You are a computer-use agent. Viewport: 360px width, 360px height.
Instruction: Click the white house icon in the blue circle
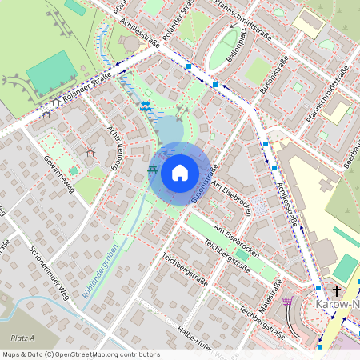tap(180, 172)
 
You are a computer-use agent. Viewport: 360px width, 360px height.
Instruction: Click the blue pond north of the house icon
tap(170, 130)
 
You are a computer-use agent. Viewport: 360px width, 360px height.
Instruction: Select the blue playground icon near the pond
tap(146, 105)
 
